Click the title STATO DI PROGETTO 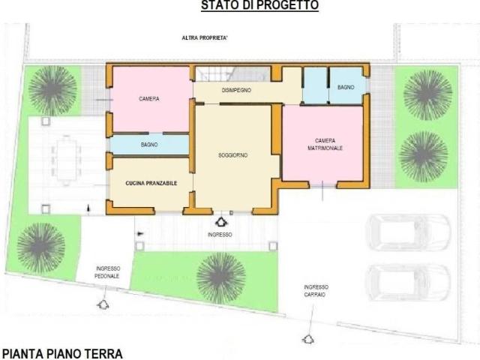(259, 6)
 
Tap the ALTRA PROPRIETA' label (204, 37)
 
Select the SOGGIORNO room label (233, 154)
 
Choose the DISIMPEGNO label (236, 90)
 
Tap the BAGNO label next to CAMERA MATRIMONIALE (346, 88)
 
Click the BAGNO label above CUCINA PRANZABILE (149, 144)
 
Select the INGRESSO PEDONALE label (108, 272)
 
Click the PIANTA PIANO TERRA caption (61, 352)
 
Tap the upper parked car (407, 233)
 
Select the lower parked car (407, 281)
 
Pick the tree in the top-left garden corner (52, 89)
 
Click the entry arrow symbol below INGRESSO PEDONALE (102, 304)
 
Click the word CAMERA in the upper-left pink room (149, 99)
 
